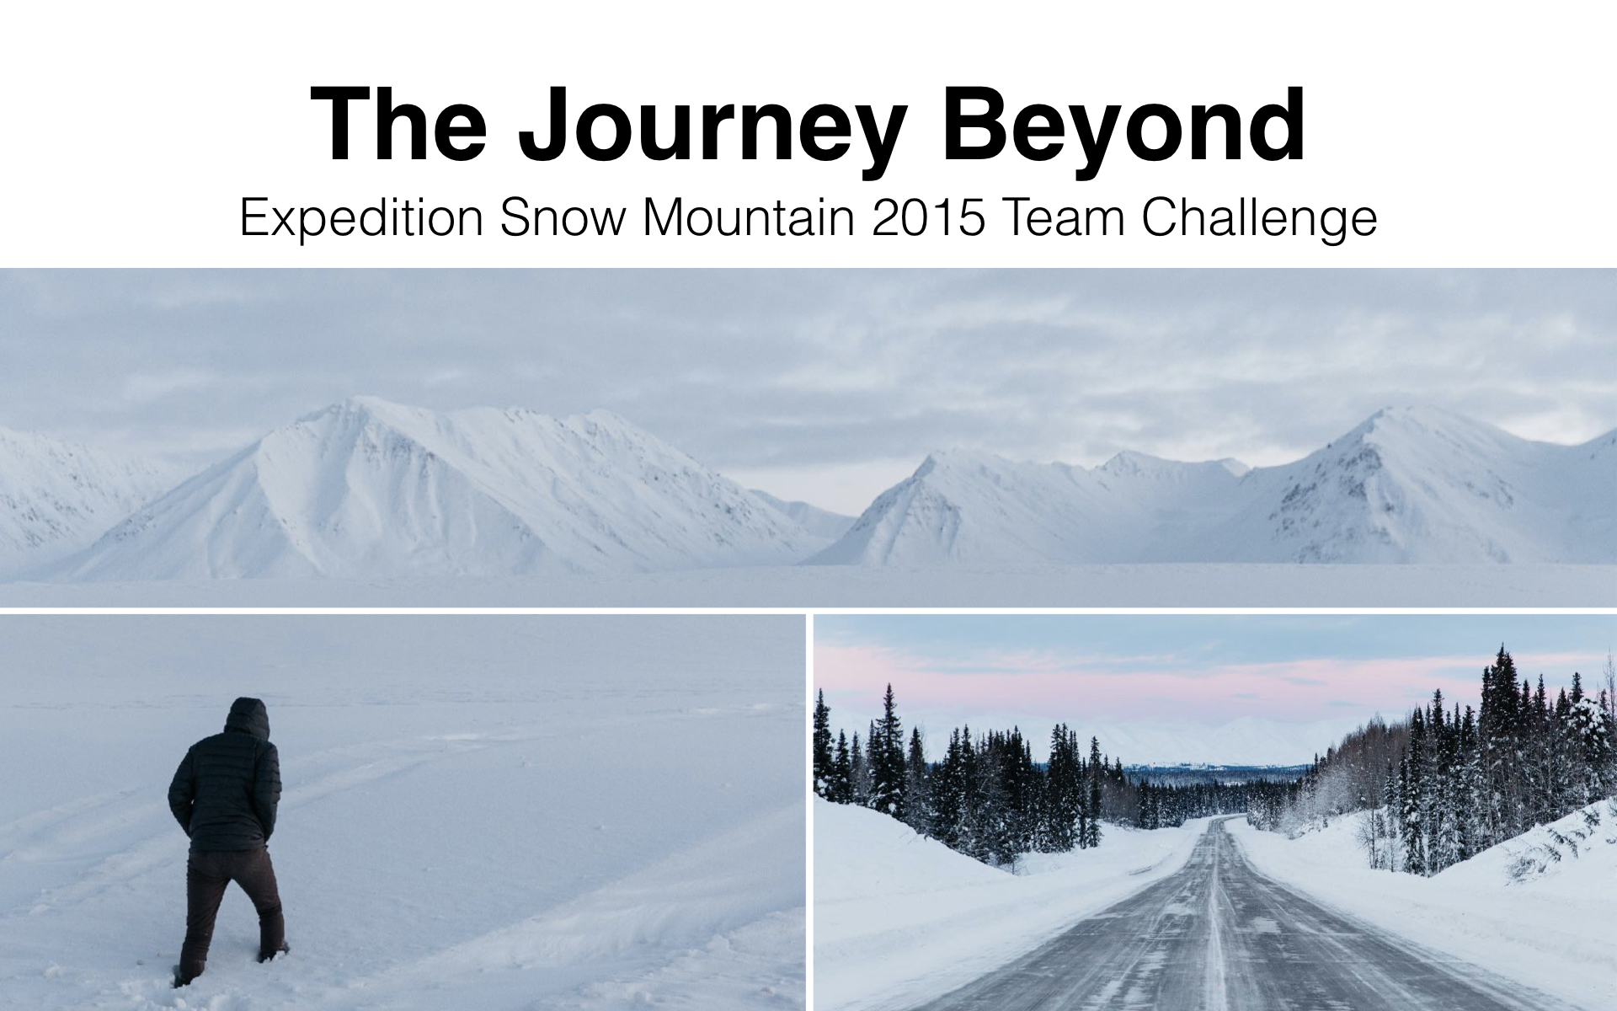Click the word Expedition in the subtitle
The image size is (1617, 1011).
pos(361,219)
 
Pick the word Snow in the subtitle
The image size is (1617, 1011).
pos(563,219)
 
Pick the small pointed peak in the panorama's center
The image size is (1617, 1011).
pos(931,456)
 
